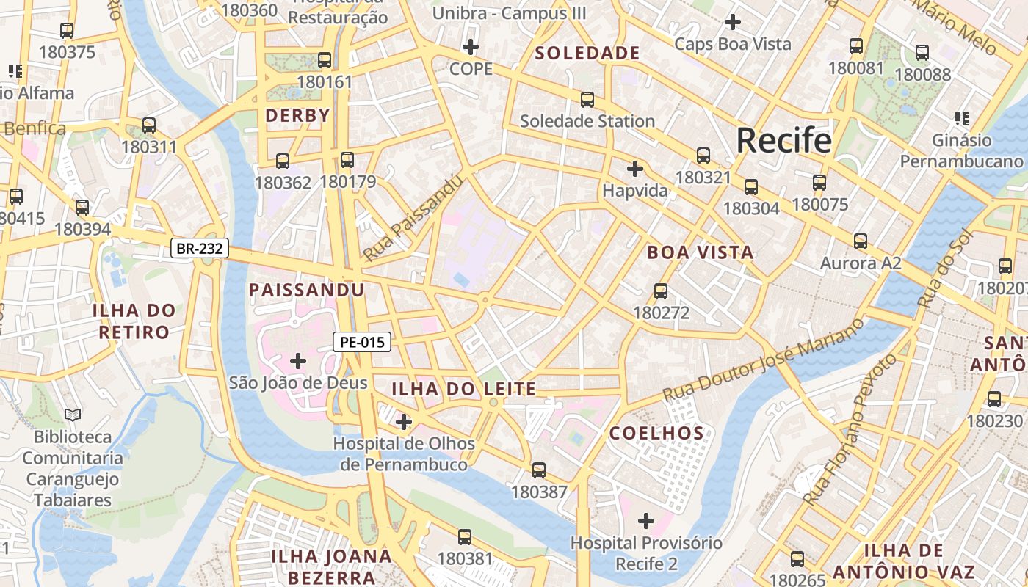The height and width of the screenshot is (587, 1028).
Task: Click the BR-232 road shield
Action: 200,249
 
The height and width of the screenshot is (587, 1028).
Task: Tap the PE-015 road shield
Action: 362,341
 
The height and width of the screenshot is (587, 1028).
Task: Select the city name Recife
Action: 783,140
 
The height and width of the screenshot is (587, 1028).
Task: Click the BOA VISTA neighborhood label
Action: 700,252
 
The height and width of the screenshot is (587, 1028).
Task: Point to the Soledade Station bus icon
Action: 587,100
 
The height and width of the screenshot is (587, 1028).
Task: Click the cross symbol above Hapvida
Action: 634,169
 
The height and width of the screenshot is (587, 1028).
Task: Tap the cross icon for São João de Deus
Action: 298,360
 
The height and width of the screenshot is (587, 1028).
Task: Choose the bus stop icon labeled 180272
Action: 661,291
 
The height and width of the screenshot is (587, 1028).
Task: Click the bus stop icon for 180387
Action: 539,470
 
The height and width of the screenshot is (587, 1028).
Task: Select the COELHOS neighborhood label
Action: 657,433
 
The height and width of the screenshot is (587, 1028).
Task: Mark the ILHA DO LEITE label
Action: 463,389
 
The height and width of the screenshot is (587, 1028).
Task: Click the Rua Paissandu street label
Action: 414,218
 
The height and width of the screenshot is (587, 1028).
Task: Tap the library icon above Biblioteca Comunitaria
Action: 72,415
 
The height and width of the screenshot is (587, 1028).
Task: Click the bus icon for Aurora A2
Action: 860,241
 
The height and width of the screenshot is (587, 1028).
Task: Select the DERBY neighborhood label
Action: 297,115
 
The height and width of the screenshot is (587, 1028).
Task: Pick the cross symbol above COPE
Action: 470,48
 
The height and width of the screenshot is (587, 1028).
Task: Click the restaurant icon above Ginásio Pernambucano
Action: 961,118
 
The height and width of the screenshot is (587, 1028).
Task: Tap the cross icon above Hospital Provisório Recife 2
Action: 645,521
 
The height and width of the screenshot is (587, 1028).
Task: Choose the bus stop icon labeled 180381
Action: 465,537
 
